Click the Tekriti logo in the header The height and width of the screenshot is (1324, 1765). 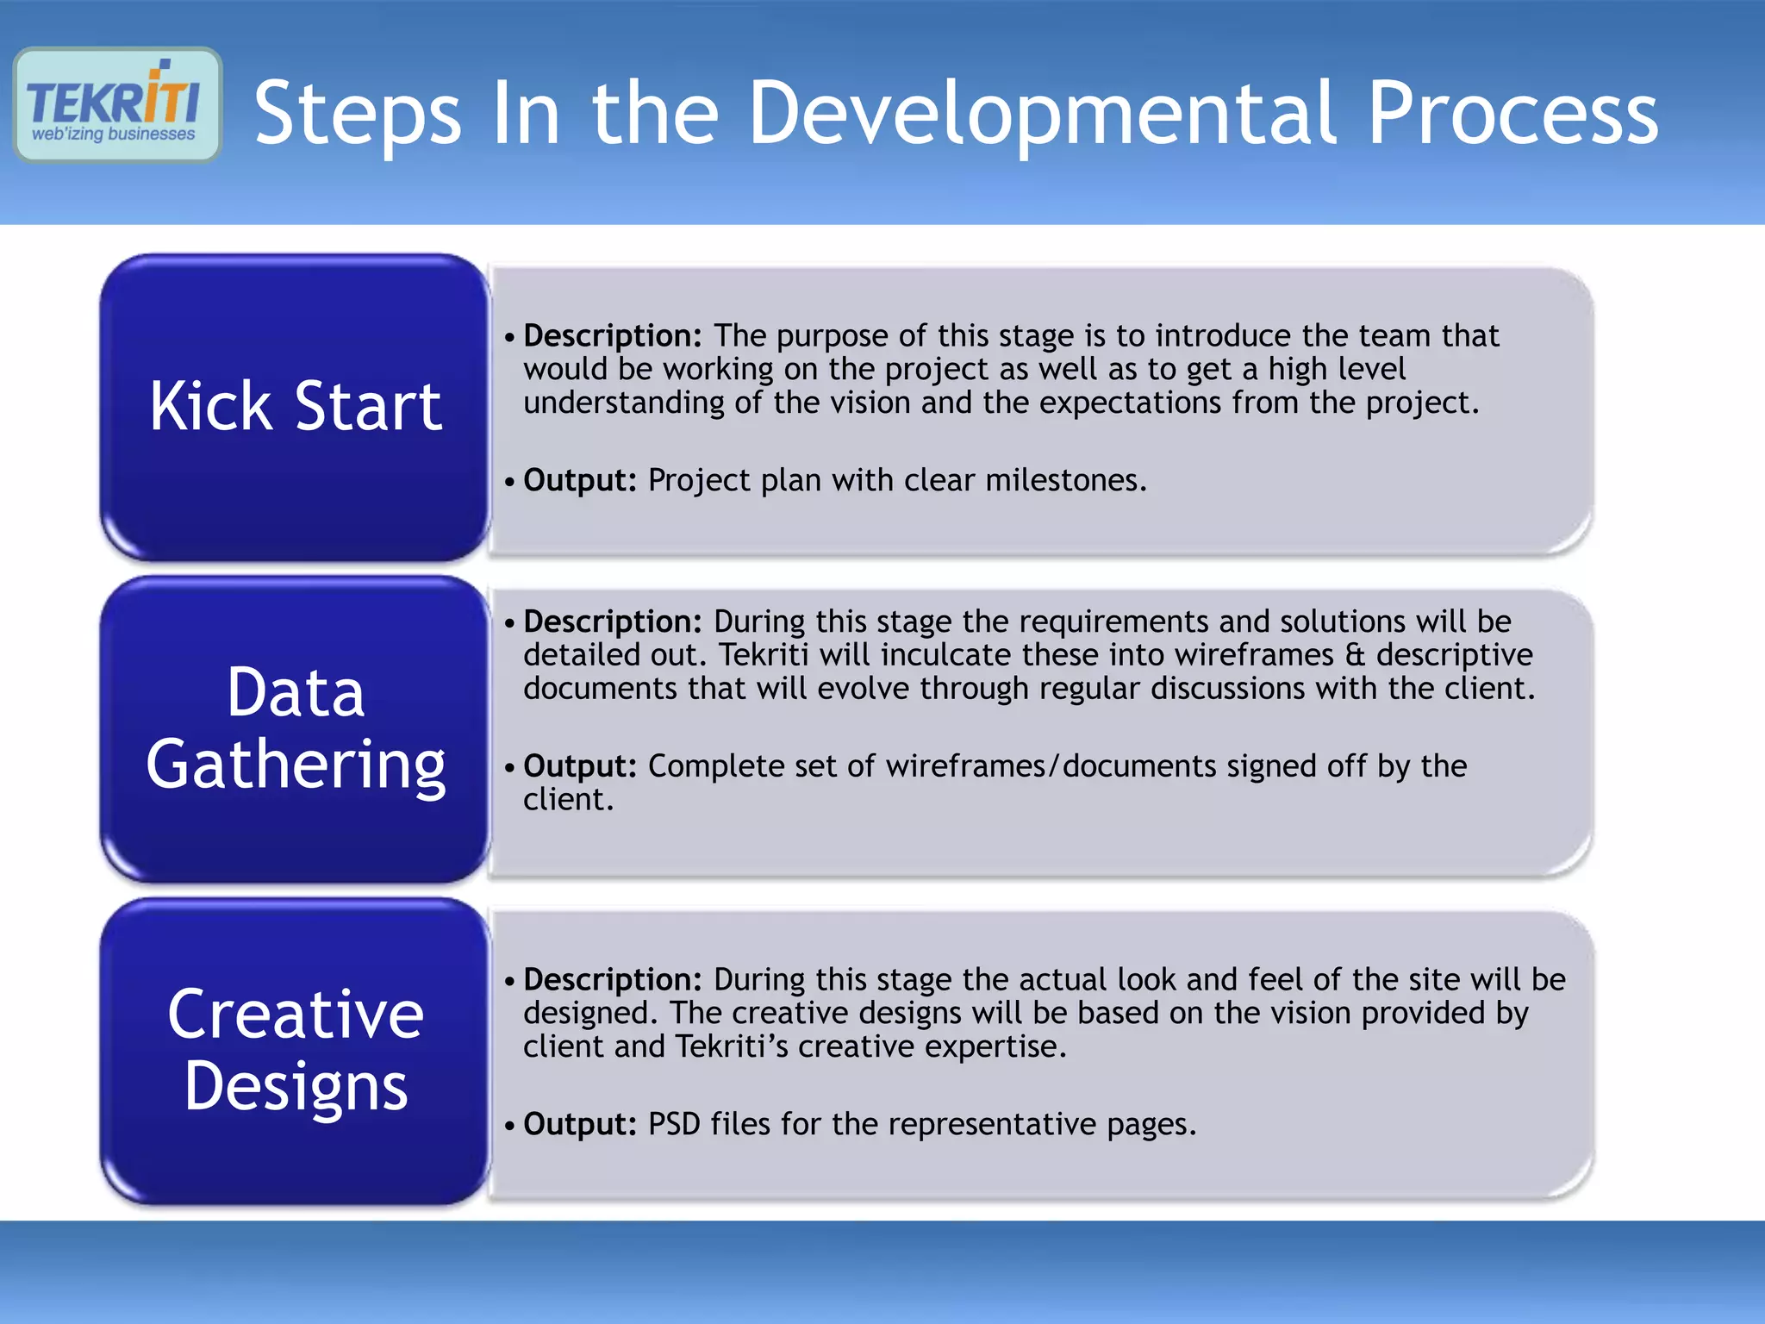(x=117, y=103)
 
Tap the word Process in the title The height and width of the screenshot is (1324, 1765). (x=1512, y=112)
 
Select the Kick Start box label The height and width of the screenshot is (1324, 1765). (x=296, y=406)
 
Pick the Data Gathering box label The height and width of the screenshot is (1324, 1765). (x=296, y=728)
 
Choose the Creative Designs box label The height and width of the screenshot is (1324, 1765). (x=296, y=1050)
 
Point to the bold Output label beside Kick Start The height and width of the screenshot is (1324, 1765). (x=580, y=480)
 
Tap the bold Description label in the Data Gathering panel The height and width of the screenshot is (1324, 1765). (x=613, y=621)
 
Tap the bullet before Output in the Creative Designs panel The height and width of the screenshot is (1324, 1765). (x=510, y=1125)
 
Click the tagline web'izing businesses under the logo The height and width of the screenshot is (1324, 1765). (x=114, y=134)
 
